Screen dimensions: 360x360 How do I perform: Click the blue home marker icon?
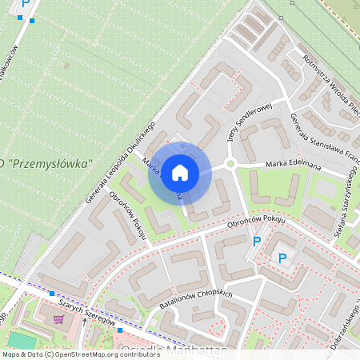coord(180,172)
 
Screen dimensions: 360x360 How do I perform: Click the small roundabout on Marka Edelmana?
coord(230,164)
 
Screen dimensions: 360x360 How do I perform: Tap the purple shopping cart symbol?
coord(58,318)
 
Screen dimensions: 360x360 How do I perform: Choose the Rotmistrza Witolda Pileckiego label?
coord(330,84)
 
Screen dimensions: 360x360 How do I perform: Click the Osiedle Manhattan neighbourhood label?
coord(173,350)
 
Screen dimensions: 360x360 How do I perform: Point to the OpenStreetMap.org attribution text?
coord(92,354)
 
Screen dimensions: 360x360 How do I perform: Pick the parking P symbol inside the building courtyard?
coord(282,258)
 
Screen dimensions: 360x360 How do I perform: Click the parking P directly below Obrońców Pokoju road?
coord(257,241)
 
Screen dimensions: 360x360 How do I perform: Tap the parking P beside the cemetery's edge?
coord(26,4)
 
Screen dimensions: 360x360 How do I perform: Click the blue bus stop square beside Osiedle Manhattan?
coord(119,330)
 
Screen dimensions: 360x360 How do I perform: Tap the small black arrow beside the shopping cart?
coord(86,322)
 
